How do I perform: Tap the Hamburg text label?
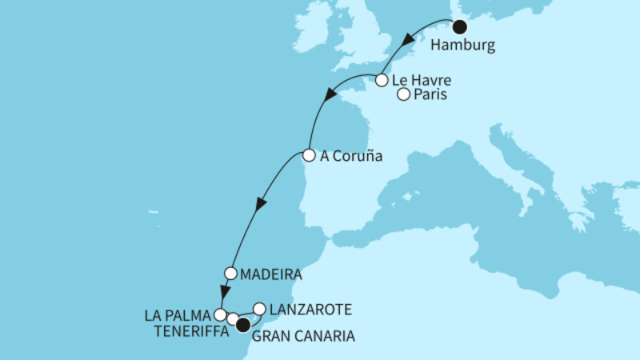462,46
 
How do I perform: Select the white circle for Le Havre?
382,80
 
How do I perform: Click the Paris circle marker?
404,95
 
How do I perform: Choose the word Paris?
430,95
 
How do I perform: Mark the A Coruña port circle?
309,156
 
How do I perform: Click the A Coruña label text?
346,157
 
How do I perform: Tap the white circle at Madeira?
230,273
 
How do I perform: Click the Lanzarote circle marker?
259,308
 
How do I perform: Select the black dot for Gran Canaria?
242,324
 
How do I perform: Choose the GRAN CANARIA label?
303,338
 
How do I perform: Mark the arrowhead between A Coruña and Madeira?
258,205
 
